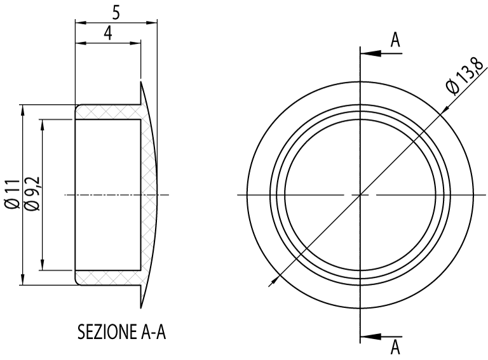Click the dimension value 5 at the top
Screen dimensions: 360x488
tap(116, 12)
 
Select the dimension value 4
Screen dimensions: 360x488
tap(108, 34)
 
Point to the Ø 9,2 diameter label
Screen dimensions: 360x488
tap(32, 194)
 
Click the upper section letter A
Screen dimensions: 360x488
tap(395, 40)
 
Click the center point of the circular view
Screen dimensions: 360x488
tap(360, 194)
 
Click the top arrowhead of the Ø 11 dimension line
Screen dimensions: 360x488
tap(23, 109)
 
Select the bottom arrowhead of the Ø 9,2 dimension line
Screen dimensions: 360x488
tap(43, 266)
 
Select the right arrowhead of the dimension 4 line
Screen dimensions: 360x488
tap(135, 44)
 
